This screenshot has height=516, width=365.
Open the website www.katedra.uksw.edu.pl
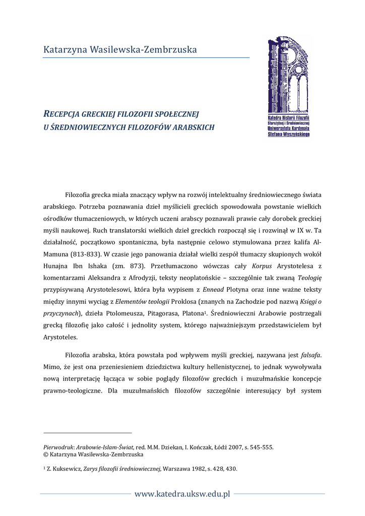click(182, 494)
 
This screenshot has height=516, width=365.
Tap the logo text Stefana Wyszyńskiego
click(288, 135)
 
